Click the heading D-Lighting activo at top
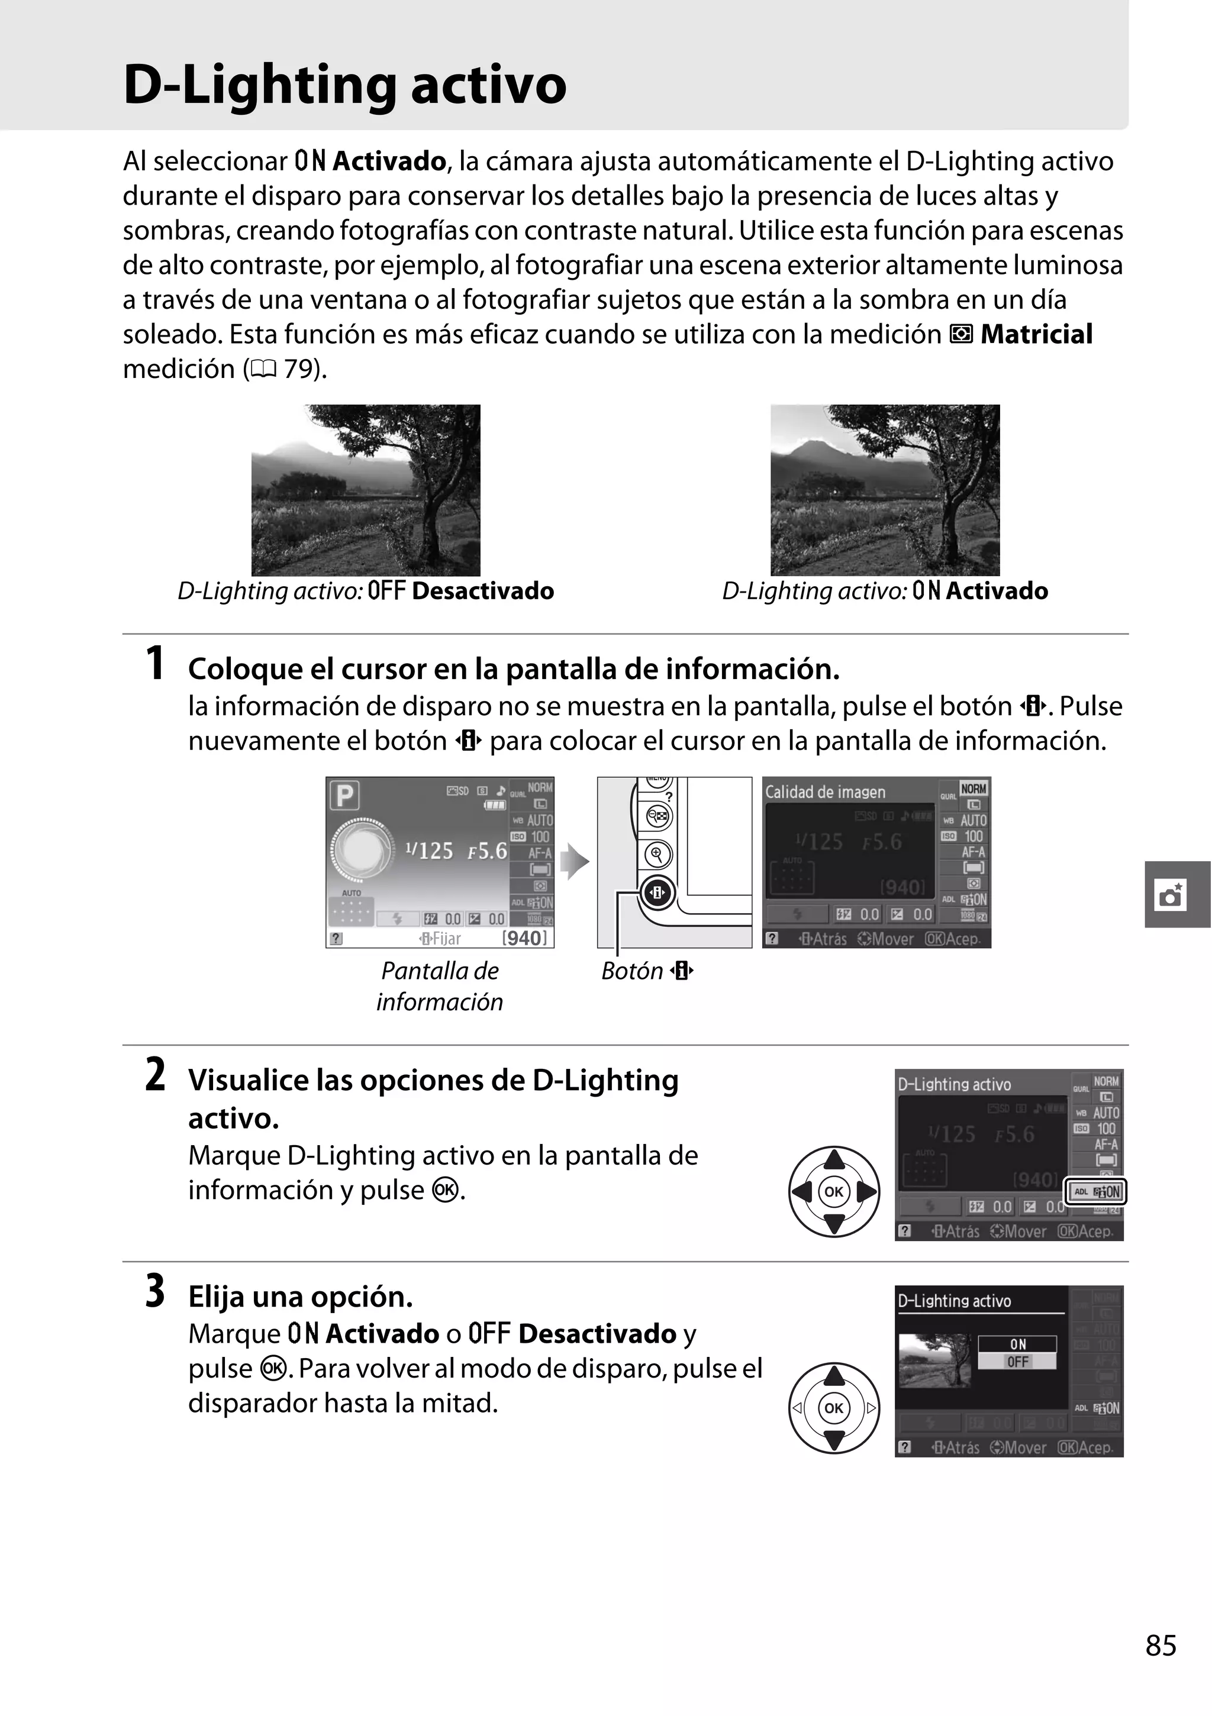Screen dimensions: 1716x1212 [344, 85]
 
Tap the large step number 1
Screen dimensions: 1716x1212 [155, 663]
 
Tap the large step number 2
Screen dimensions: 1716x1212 [155, 1075]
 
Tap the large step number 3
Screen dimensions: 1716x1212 [155, 1291]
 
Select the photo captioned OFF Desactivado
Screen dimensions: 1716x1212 [366, 490]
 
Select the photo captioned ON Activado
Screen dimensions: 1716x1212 [885, 490]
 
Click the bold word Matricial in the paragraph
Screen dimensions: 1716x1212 [1036, 334]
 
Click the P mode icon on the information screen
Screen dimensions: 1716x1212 [344, 795]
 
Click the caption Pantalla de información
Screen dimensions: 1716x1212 [440, 986]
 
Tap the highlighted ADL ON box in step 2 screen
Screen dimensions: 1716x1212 [1096, 1192]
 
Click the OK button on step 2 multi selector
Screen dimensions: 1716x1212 [834, 1191]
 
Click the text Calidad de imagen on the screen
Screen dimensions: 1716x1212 [825, 792]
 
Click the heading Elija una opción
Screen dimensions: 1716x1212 [300, 1297]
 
